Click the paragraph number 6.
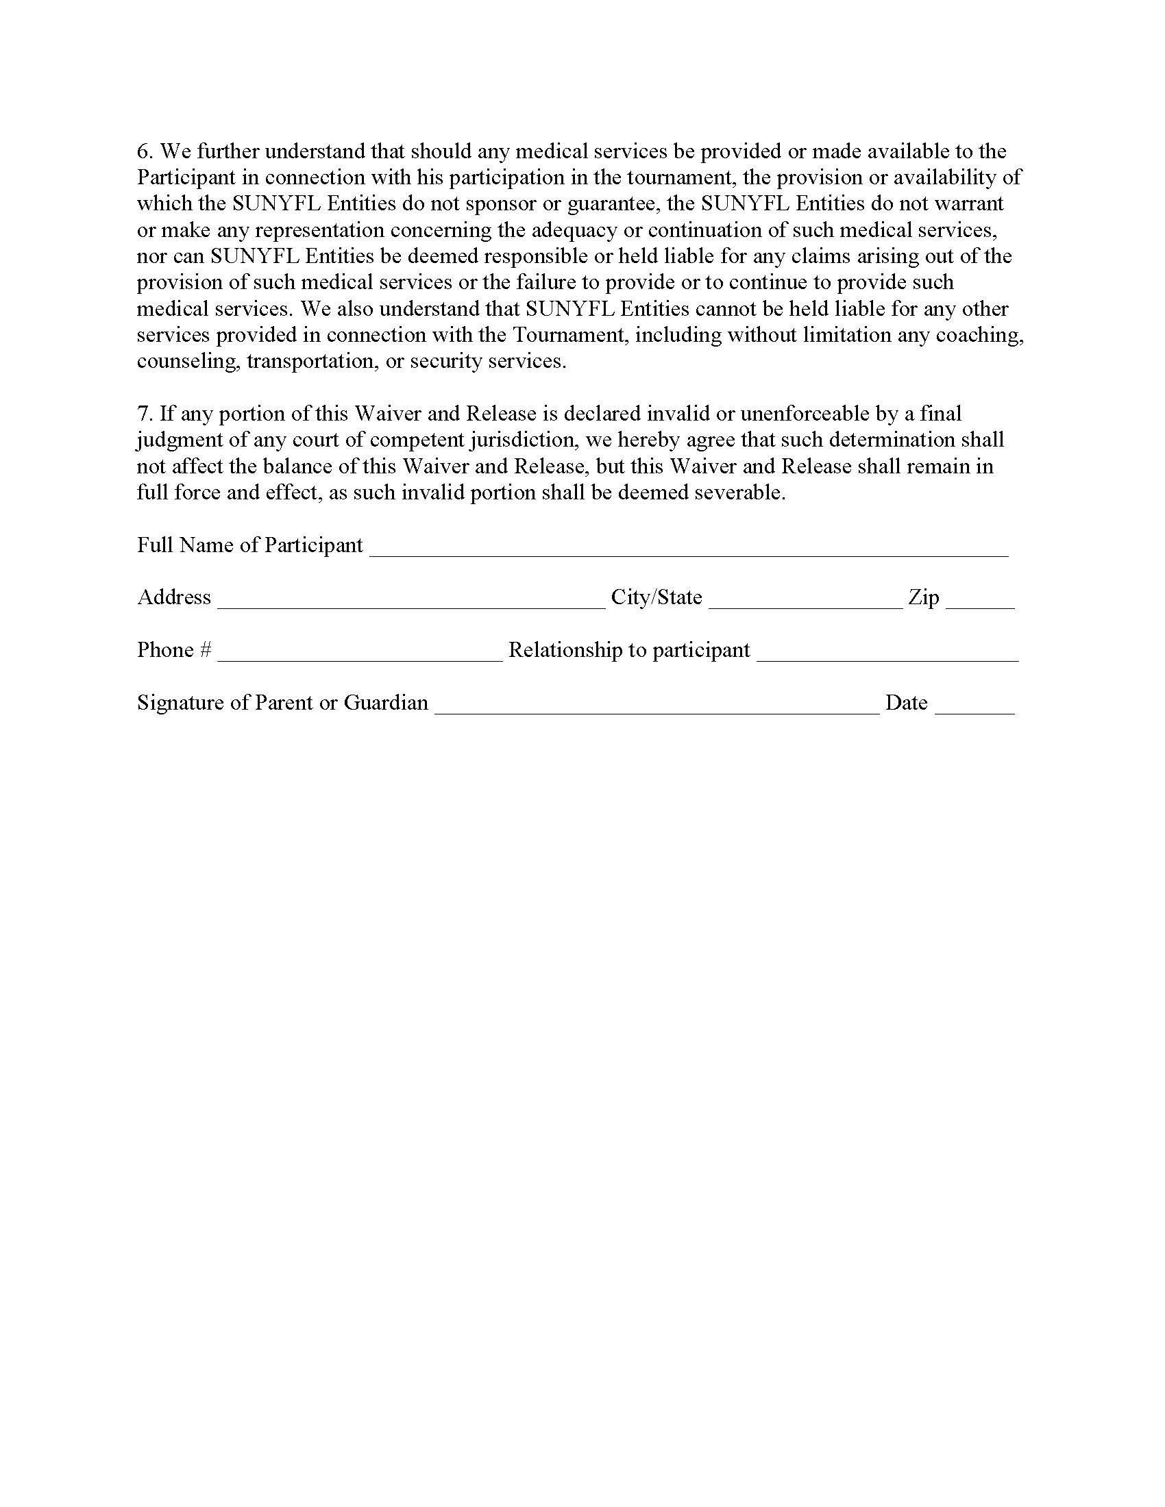pos(143,152)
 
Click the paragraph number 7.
pos(143,414)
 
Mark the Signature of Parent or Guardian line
pos(657,709)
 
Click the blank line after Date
pos(974,709)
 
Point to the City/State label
pos(657,597)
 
